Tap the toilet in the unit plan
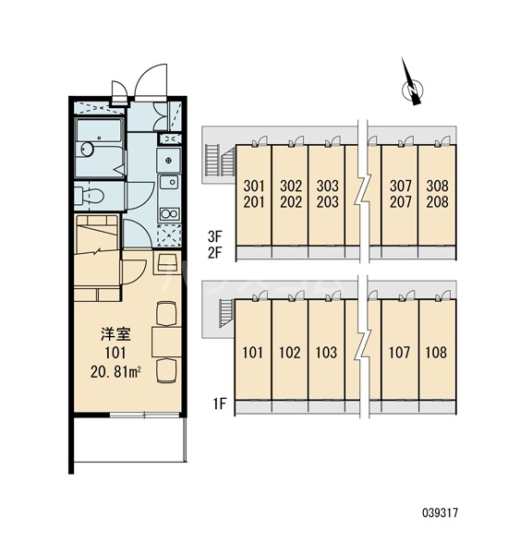click(x=91, y=196)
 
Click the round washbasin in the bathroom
click(x=86, y=149)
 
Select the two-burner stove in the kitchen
click(x=169, y=214)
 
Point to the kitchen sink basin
click(x=169, y=182)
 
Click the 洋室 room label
click(x=116, y=334)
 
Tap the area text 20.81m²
click(x=116, y=372)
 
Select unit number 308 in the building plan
click(x=437, y=186)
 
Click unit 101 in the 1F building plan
click(x=253, y=353)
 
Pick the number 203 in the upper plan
click(x=327, y=202)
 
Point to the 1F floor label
click(x=219, y=403)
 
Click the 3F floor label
click(x=214, y=236)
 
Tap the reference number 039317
click(x=441, y=512)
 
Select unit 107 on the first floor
click(x=399, y=353)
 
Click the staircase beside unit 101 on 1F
click(x=226, y=313)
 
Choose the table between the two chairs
click(x=166, y=342)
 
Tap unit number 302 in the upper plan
click(x=291, y=186)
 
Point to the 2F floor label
click(x=214, y=253)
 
